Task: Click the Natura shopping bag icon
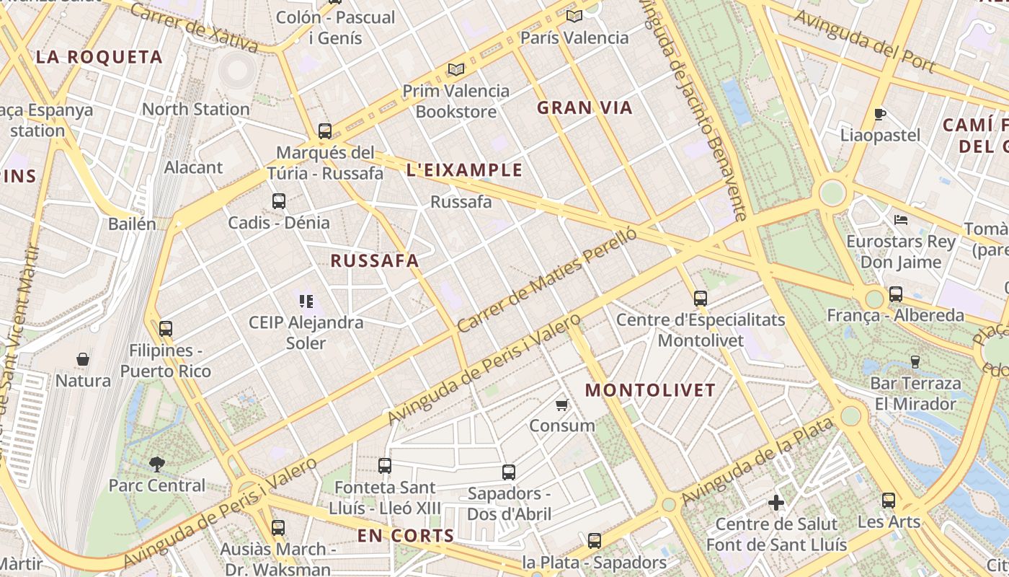point(83,359)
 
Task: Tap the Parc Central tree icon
point(156,464)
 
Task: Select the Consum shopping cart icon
point(562,405)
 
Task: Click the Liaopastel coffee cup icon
point(879,114)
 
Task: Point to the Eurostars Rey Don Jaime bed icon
point(901,220)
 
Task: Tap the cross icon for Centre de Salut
point(776,502)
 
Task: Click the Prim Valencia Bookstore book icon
point(455,70)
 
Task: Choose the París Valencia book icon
point(574,16)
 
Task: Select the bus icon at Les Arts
point(889,500)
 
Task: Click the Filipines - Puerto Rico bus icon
point(166,329)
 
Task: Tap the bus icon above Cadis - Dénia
point(279,201)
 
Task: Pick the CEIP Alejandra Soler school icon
point(306,301)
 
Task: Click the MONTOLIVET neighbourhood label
point(650,390)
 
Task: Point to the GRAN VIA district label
point(584,108)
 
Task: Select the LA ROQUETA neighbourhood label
point(99,58)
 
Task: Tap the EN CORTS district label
point(406,536)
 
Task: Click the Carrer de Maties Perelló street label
point(548,280)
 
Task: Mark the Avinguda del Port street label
point(865,41)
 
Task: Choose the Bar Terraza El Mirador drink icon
point(915,361)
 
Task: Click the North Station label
point(196,109)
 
